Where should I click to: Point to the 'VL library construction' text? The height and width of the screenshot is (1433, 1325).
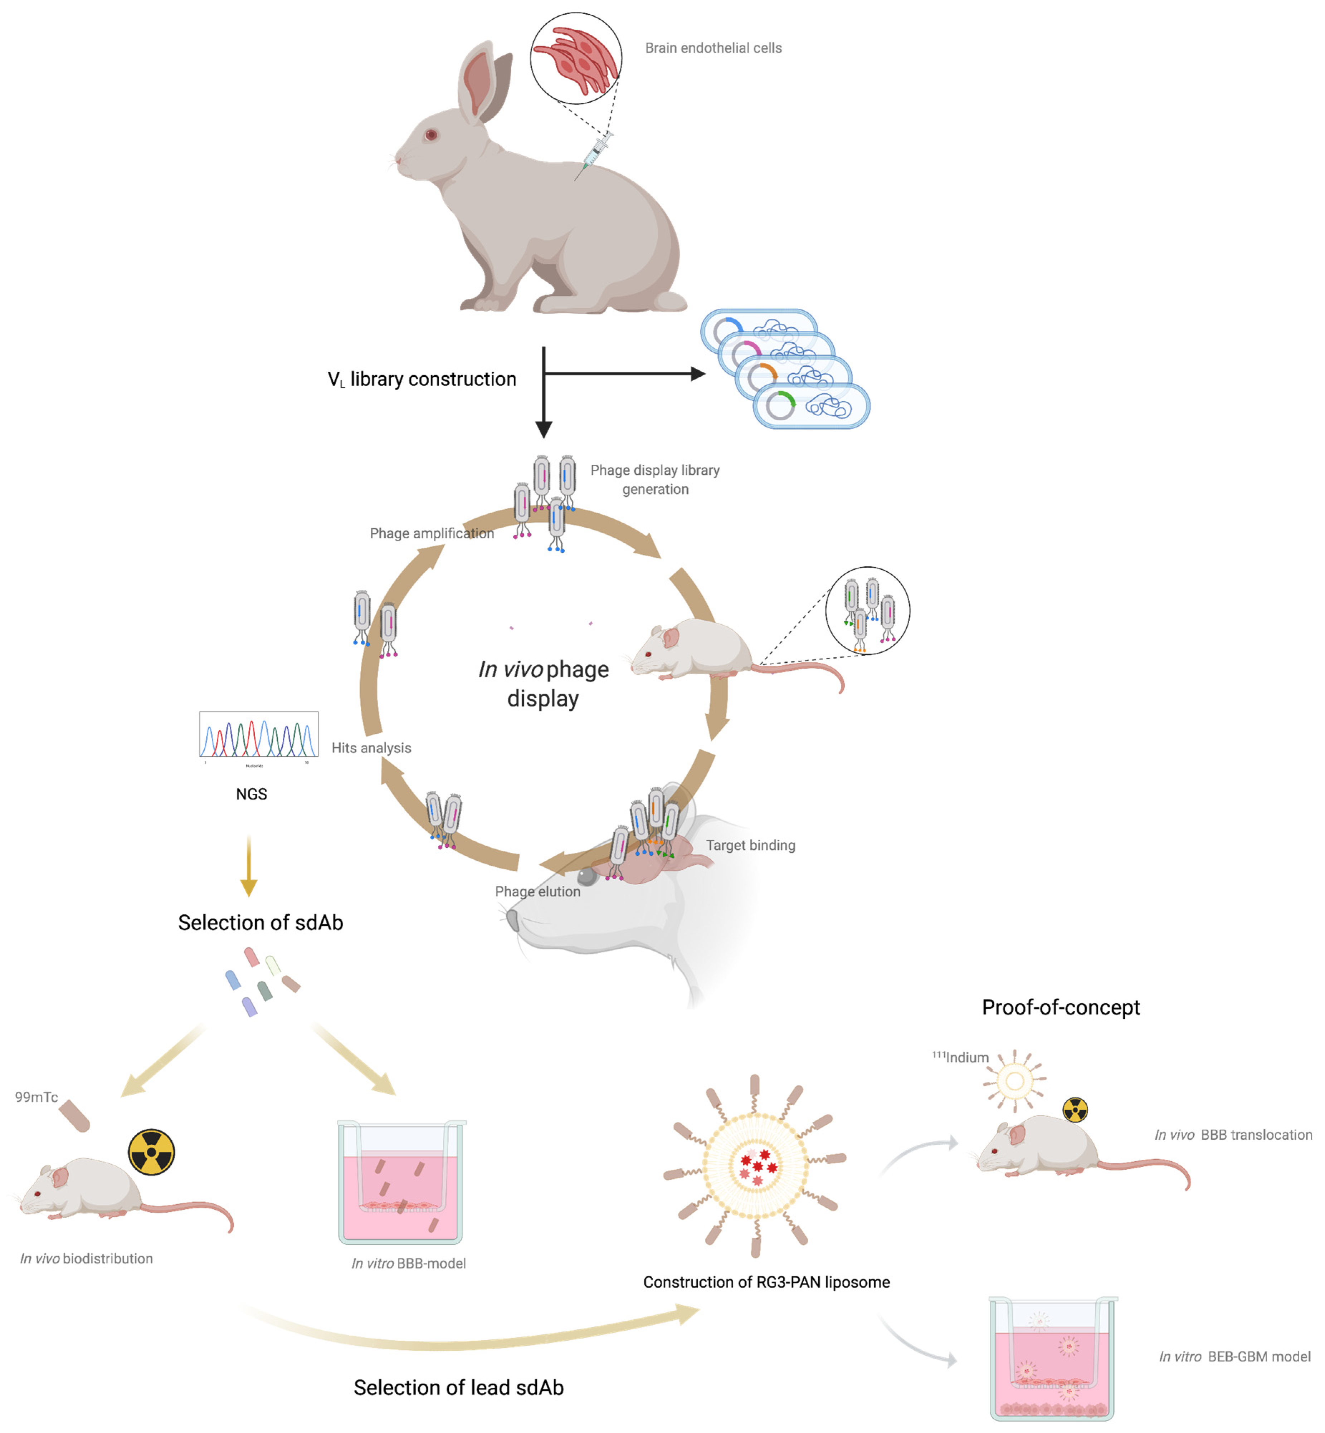pyautogui.click(x=422, y=379)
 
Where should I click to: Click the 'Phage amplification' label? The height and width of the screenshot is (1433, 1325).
pyautogui.click(x=432, y=533)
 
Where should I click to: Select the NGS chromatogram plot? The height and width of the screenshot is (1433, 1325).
pyautogui.click(x=259, y=735)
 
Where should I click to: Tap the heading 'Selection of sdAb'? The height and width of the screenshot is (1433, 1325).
pyautogui.click(x=260, y=923)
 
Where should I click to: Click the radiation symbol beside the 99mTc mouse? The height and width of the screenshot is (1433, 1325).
pyautogui.click(x=151, y=1152)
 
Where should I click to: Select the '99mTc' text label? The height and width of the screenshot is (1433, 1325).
pyautogui.click(x=36, y=1097)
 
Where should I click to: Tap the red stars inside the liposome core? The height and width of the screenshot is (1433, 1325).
pyautogui.click(x=757, y=1167)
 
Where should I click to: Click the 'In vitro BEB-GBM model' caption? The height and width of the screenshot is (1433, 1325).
pyautogui.click(x=1234, y=1356)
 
